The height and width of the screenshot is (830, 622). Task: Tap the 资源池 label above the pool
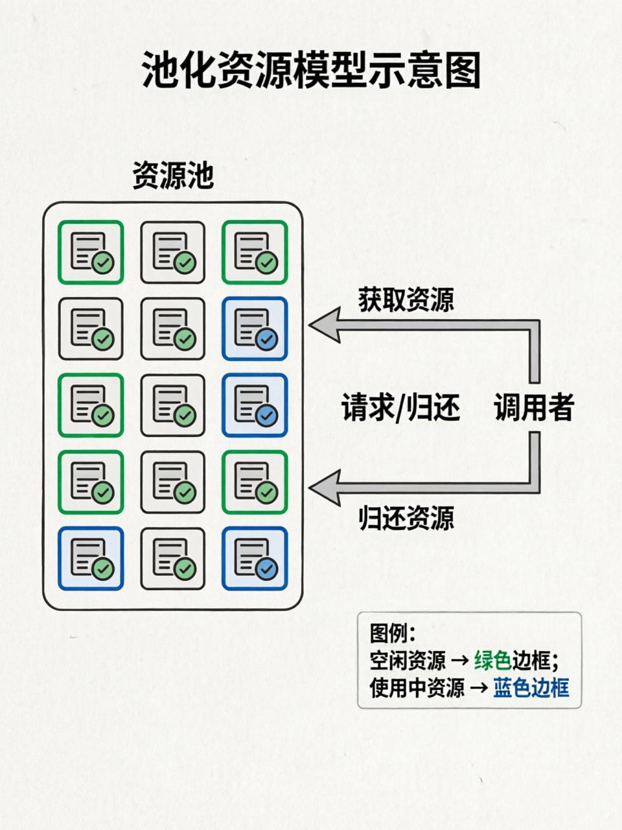tap(173, 175)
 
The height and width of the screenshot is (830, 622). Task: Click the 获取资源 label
tap(406, 300)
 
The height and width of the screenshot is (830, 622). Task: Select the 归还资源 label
tap(406, 518)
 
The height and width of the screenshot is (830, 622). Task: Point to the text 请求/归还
tap(400, 409)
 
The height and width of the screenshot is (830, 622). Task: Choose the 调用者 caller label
tap(534, 409)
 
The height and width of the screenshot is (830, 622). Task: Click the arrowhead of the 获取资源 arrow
tap(324, 325)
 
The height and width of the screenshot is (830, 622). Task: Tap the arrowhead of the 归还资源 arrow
tap(324, 487)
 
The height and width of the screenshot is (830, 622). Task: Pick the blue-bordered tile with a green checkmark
tap(91, 559)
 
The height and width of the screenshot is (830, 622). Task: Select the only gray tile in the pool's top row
tap(173, 252)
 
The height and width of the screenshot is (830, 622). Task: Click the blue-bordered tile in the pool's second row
tap(255, 329)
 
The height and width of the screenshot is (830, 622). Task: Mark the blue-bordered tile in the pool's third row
tap(255, 405)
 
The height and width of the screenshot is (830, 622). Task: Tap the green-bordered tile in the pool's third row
tap(91, 405)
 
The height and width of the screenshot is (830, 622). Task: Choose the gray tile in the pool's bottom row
tap(173, 559)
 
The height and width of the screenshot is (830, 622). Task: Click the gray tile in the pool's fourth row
tap(173, 482)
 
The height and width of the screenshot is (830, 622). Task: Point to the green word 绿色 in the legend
tap(492, 661)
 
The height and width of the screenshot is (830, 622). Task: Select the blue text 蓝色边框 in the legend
tap(531, 688)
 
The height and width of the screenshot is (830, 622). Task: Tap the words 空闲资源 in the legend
tap(408, 661)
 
